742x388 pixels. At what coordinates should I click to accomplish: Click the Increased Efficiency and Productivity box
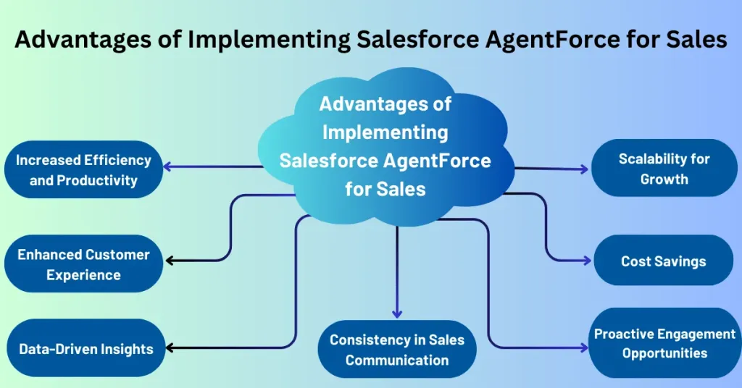[x=84, y=169]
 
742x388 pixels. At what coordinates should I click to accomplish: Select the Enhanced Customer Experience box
[x=84, y=263]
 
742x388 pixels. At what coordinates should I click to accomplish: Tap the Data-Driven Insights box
[x=86, y=348]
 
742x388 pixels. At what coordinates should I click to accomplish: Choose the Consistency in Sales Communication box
[x=397, y=349]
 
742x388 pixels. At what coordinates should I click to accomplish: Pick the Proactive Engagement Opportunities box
[x=664, y=343]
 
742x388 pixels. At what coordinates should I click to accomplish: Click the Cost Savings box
[x=664, y=261]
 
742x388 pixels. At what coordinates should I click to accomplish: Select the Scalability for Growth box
[x=664, y=168]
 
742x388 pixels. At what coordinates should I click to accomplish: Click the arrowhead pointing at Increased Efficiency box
[x=167, y=166]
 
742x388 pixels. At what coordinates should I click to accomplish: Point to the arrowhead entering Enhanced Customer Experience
[x=170, y=261]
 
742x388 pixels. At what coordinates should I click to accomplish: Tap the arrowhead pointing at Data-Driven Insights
[x=170, y=348]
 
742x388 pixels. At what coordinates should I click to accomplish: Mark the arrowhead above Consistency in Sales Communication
[x=397, y=313]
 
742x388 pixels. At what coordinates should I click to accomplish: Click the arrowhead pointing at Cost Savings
[x=587, y=261]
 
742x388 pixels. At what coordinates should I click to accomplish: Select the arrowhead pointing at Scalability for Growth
[x=585, y=169]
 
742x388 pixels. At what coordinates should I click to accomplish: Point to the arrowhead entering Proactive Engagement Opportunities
[x=584, y=348]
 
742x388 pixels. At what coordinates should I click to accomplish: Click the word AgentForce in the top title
[x=553, y=40]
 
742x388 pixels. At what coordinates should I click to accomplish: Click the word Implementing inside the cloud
[x=385, y=132]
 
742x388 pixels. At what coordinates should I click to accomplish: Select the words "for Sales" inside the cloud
[x=385, y=189]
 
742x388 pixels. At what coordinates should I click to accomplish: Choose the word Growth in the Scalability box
[x=664, y=179]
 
